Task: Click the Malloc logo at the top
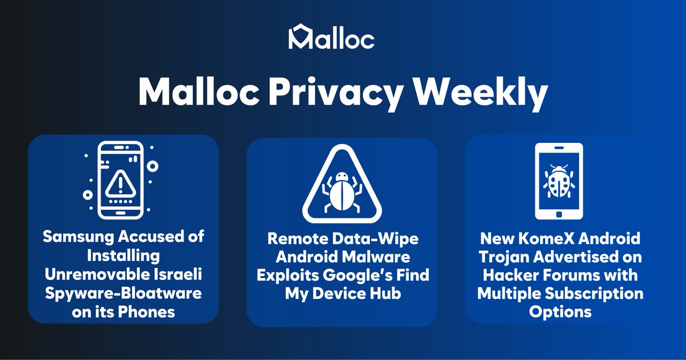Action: pyautogui.click(x=332, y=37)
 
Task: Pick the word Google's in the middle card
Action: pyautogui.click(x=366, y=275)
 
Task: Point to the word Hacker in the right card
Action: pyautogui.click(x=506, y=275)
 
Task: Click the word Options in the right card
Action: pyautogui.click(x=560, y=312)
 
